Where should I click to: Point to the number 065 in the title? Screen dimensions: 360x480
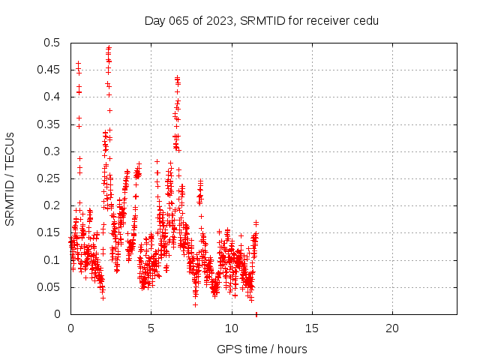point(177,20)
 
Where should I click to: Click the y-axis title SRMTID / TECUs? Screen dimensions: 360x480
point(10,178)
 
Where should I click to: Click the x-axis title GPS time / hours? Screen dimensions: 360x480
point(262,349)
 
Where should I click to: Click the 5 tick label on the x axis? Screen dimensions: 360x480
point(151,328)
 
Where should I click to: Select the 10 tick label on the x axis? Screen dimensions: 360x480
point(231,328)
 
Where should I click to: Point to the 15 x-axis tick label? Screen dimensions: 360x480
point(312,328)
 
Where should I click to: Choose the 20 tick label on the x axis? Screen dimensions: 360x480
point(392,328)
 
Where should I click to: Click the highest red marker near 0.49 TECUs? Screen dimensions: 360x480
point(109,48)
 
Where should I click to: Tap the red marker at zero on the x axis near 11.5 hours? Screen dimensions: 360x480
point(256,314)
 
